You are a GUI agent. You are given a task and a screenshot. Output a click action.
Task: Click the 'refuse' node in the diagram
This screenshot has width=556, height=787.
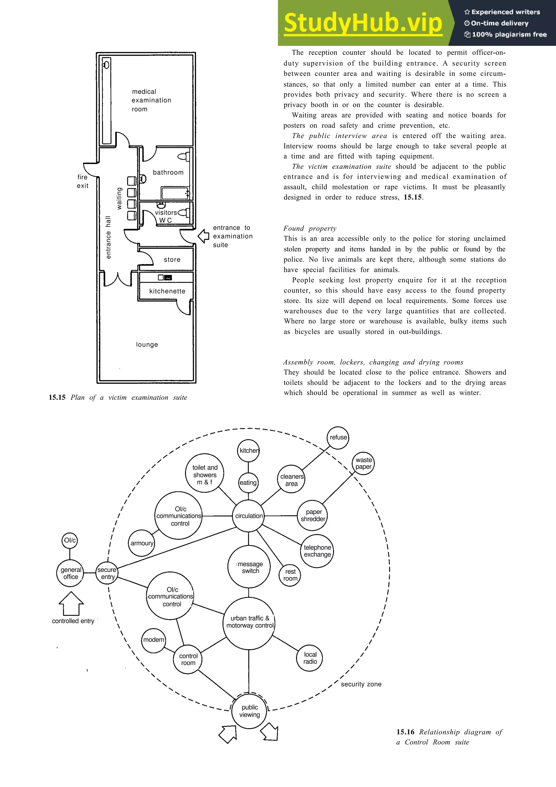[338, 437]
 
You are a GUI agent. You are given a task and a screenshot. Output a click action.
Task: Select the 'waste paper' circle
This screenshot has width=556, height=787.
[364, 463]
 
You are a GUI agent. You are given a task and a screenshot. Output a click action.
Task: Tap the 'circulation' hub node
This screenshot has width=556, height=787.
[249, 516]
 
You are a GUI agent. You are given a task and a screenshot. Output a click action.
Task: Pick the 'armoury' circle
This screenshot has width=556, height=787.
[142, 543]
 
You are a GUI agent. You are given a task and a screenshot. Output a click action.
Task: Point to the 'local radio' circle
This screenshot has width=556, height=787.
[310, 658]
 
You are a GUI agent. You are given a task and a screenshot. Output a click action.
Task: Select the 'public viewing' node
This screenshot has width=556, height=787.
[249, 711]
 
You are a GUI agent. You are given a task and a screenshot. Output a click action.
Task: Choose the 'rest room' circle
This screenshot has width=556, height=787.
[290, 575]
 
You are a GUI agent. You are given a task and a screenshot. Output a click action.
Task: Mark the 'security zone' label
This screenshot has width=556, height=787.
[361, 684]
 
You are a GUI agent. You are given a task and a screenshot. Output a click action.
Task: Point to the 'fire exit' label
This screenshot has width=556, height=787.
[83, 181]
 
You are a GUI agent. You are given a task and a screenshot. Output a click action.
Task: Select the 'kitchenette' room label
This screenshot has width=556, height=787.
[167, 291]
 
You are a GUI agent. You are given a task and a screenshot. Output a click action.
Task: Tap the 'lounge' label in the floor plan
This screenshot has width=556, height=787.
[147, 345]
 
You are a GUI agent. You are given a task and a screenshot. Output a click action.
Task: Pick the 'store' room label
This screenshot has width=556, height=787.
[172, 259]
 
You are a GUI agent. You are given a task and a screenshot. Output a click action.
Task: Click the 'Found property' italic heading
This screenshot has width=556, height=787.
[310, 229]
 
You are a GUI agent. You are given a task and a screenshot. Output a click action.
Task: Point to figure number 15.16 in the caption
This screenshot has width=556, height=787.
[405, 732]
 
